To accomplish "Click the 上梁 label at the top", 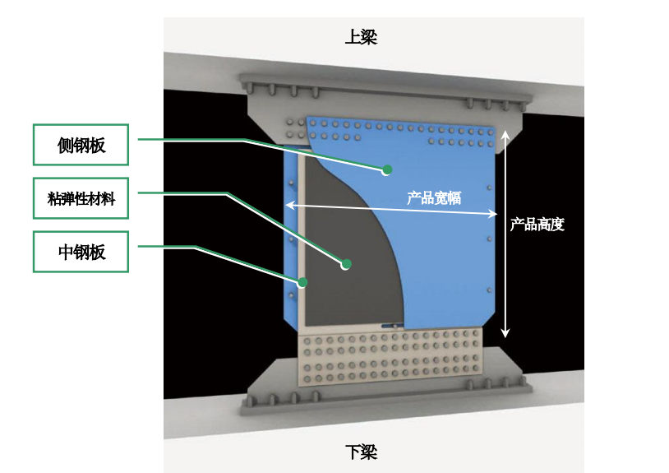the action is tap(361, 37).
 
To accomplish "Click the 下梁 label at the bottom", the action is tap(361, 452).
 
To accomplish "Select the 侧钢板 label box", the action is tap(81, 145).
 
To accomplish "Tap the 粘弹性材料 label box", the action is tap(81, 198).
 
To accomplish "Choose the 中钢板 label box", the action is tap(81, 252).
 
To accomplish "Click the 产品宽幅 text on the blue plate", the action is tap(434, 198).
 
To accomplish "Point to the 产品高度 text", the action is tap(538, 224).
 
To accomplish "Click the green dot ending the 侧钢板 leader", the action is tap(387, 170).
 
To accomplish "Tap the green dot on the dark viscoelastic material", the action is tap(347, 264).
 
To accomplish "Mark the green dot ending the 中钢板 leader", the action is tap(302, 282).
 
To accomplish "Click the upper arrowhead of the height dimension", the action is tap(505, 136).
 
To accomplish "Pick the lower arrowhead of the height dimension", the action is tap(505, 332).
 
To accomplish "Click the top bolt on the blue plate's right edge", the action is tap(489, 188).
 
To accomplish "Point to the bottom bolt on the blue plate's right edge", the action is tap(489, 290).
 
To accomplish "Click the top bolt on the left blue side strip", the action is tap(292, 183).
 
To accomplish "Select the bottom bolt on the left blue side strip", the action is tap(292, 295).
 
